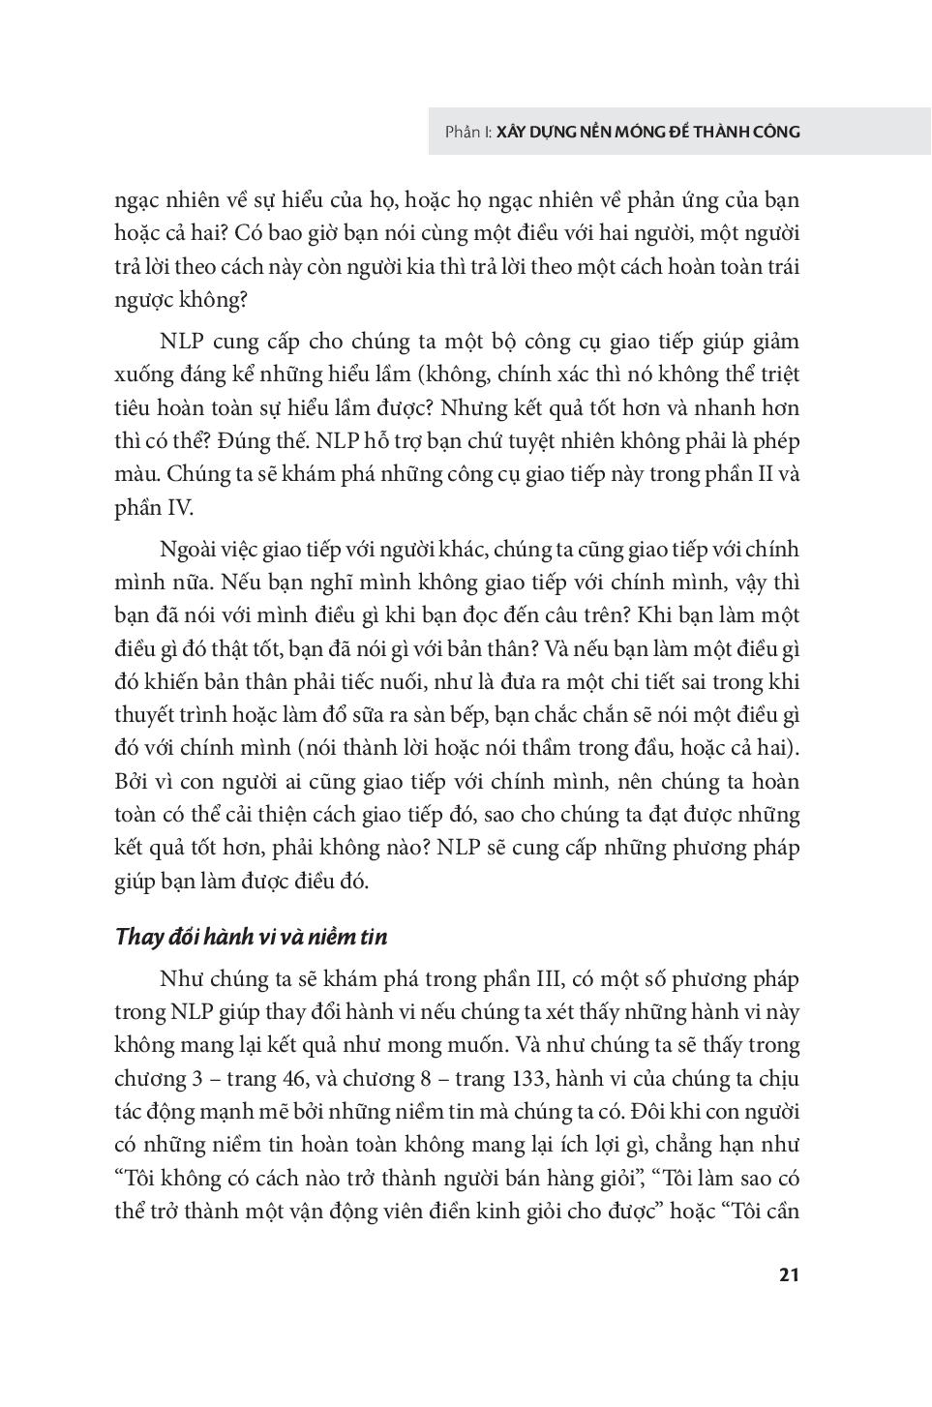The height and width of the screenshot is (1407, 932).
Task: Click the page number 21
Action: pyautogui.click(x=788, y=1274)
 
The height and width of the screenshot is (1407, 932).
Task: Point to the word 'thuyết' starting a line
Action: pyautogui.click(x=145, y=715)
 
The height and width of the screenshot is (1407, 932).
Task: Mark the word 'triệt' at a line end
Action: pyautogui.click(x=776, y=374)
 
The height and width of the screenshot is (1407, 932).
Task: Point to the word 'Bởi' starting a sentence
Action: pyautogui.click(x=131, y=781)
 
